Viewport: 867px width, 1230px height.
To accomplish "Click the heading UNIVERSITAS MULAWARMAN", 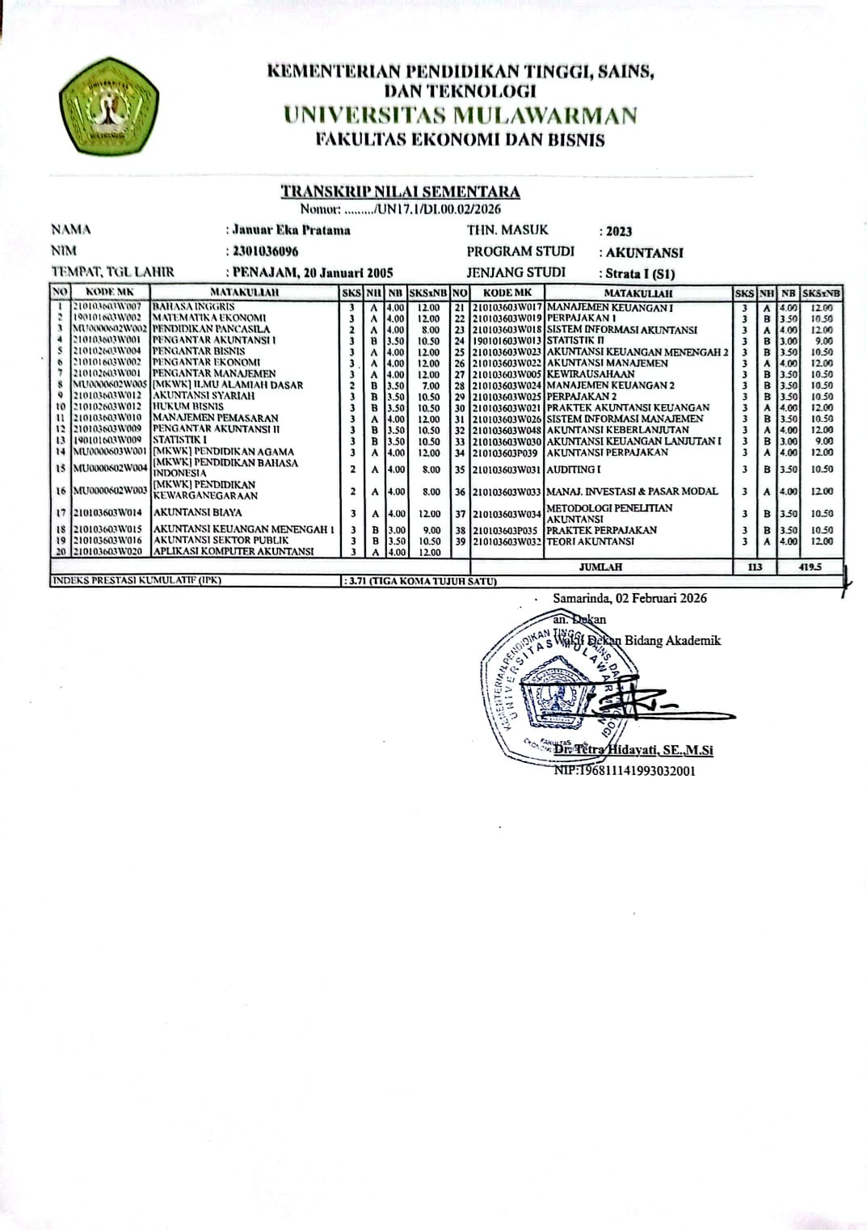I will pyautogui.click(x=461, y=116).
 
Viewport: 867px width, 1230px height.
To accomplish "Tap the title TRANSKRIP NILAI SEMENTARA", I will pyautogui.click(x=400, y=192).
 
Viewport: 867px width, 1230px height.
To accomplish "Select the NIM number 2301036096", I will pyautogui.click(x=265, y=251).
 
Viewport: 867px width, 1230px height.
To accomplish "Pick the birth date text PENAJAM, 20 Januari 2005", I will pyautogui.click(x=313, y=273).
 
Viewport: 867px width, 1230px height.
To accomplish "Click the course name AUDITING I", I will pyautogui.click(x=574, y=469).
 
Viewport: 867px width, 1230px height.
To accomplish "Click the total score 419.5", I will pyautogui.click(x=810, y=567).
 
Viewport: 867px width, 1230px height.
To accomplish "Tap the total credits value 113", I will pyautogui.click(x=755, y=567).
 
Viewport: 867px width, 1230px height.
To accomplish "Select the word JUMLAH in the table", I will pyautogui.click(x=601, y=567).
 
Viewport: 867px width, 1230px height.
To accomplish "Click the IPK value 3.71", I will pyautogui.click(x=356, y=581).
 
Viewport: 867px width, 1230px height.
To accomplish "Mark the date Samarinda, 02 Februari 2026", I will pyautogui.click(x=630, y=598).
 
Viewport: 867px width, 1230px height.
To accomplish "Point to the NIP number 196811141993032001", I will pyautogui.click(x=625, y=771).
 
